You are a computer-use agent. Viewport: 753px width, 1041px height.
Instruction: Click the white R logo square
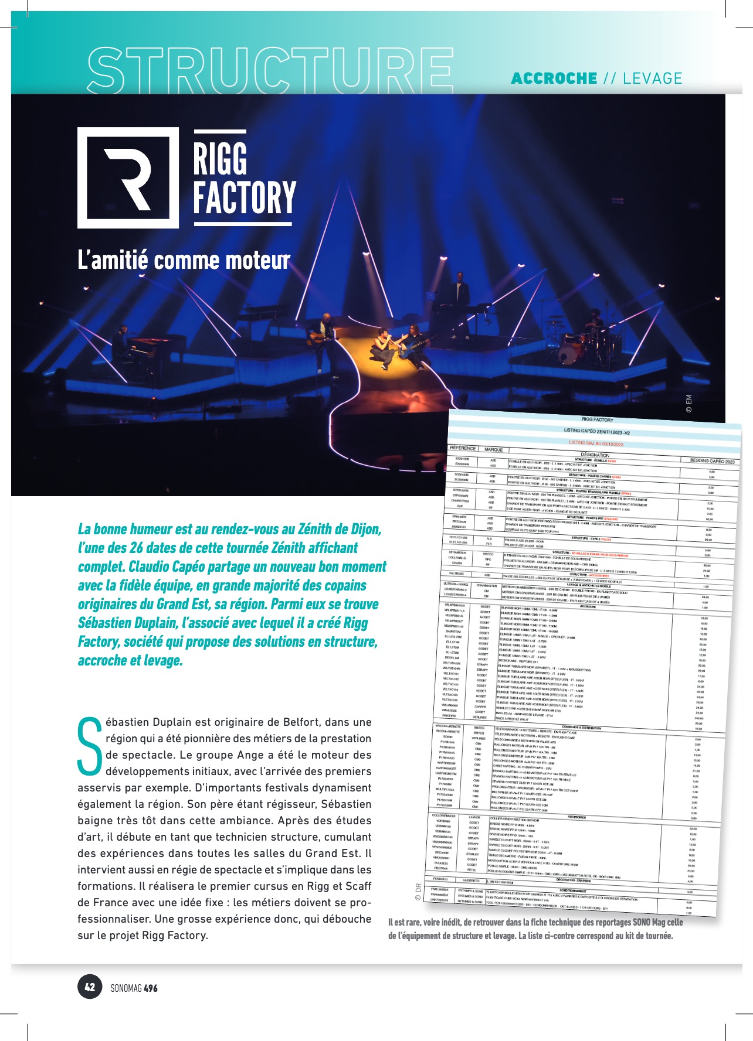128,178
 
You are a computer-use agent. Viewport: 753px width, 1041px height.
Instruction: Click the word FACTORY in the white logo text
245,197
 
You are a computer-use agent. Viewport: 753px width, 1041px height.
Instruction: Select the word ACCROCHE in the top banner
554,78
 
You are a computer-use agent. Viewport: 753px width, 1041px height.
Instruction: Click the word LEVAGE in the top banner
653,78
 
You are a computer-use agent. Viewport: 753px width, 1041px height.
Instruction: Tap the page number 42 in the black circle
90,987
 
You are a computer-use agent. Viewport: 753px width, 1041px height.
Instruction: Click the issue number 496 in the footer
151,988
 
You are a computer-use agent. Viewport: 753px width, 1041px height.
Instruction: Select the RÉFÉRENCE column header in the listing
462,448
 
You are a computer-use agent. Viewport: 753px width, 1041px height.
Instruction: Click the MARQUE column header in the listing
493,450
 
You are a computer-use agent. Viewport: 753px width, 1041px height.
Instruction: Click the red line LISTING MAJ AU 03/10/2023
596,443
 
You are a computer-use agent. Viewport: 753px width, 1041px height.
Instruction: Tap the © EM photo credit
688,404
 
